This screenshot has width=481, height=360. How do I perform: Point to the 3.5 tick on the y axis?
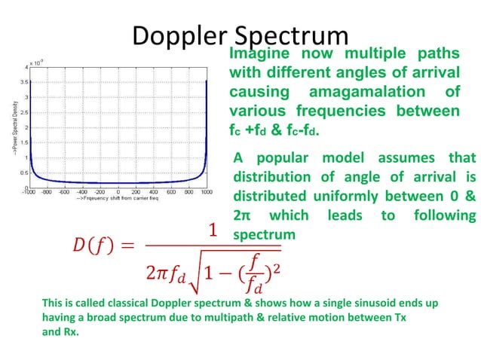[25, 82]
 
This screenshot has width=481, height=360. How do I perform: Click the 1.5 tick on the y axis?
[25, 142]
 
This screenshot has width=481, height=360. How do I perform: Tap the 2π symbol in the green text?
[242, 216]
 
